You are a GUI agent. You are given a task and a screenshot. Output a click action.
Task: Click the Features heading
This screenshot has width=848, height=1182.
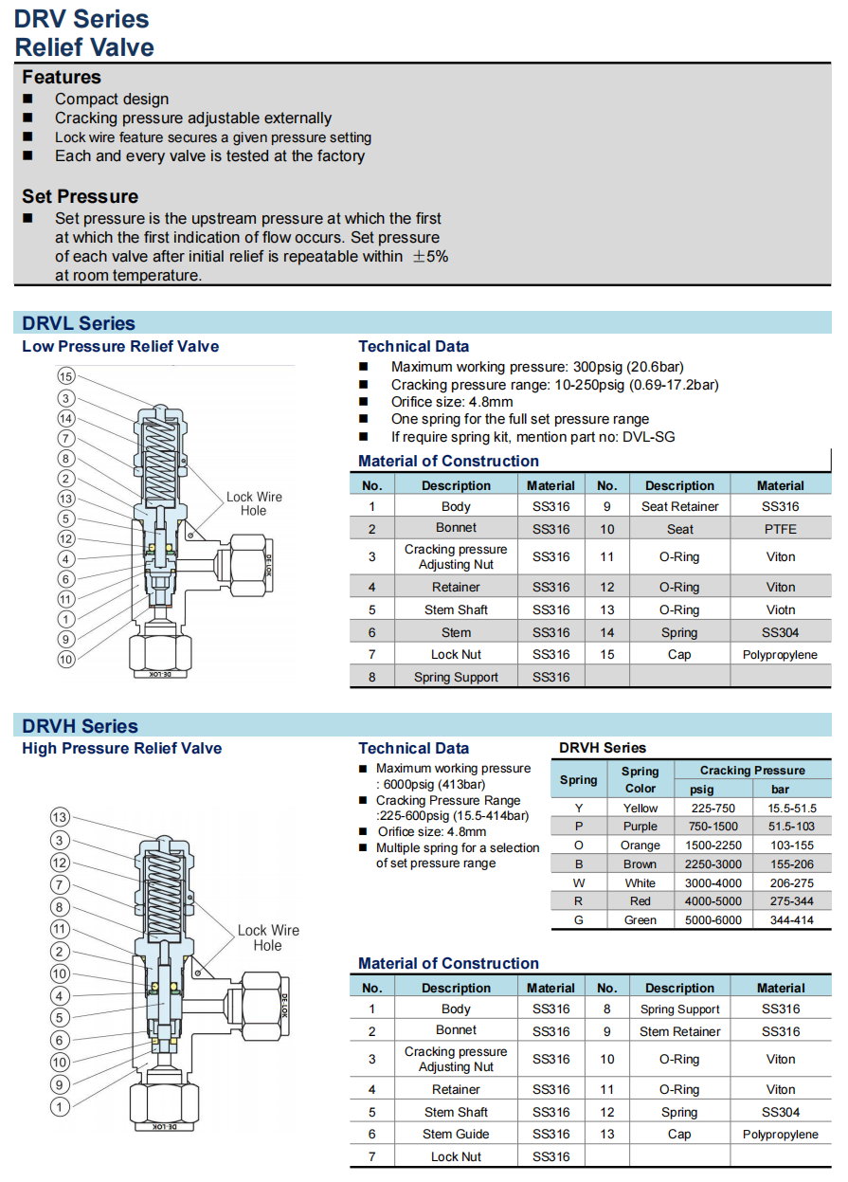(x=62, y=78)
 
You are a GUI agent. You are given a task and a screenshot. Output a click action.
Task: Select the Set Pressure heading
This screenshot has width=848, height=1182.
(x=81, y=197)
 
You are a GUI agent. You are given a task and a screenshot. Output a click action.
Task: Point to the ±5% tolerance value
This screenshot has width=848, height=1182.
(x=430, y=257)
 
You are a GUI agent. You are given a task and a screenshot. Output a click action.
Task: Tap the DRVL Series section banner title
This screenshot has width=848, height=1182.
(x=79, y=323)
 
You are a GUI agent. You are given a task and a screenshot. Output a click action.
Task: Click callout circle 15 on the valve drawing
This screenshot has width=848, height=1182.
(x=65, y=377)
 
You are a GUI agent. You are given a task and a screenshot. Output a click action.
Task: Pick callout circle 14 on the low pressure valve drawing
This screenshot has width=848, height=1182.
(x=65, y=418)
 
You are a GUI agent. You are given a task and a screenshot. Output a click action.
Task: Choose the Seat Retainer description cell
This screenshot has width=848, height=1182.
(x=679, y=507)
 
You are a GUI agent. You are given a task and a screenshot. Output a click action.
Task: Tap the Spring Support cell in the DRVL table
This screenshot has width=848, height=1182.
(x=456, y=678)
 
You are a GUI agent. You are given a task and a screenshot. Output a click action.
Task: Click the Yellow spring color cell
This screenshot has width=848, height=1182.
(x=641, y=809)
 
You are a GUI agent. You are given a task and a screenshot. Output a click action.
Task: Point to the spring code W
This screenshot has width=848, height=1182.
(x=579, y=882)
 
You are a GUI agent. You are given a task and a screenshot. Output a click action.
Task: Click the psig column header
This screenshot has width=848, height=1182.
(x=702, y=790)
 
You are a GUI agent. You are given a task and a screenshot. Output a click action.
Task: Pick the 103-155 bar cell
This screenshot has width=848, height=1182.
(x=792, y=846)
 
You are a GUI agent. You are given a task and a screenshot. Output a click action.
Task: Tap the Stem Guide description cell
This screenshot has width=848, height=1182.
(x=456, y=1135)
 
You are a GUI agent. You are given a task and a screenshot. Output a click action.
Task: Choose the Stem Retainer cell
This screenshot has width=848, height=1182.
(x=679, y=1032)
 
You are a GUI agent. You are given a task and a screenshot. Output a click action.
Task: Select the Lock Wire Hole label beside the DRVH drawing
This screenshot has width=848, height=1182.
(x=267, y=937)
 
